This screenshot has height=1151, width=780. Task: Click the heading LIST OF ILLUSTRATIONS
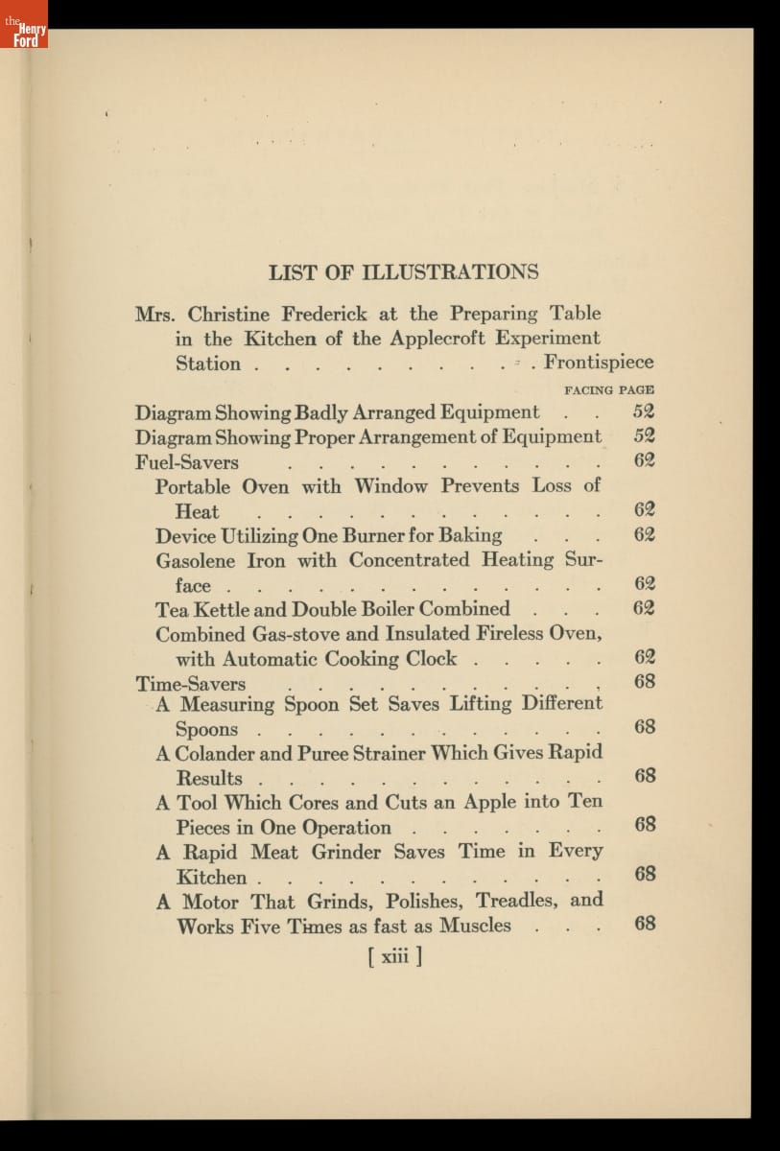pyautogui.click(x=403, y=271)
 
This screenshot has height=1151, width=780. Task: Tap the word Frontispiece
pyautogui.click(x=599, y=363)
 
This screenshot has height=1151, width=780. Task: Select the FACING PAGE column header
pyautogui.click(x=609, y=390)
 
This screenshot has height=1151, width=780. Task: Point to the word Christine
pyautogui.click(x=229, y=314)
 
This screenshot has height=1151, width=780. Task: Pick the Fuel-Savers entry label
pyautogui.click(x=187, y=461)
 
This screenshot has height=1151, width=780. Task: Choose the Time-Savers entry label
pyautogui.click(x=191, y=684)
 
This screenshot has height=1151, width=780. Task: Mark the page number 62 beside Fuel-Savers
pyautogui.click(x=644, y=460)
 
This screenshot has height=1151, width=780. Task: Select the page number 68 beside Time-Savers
pyautogui.click(x=645, y=682)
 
